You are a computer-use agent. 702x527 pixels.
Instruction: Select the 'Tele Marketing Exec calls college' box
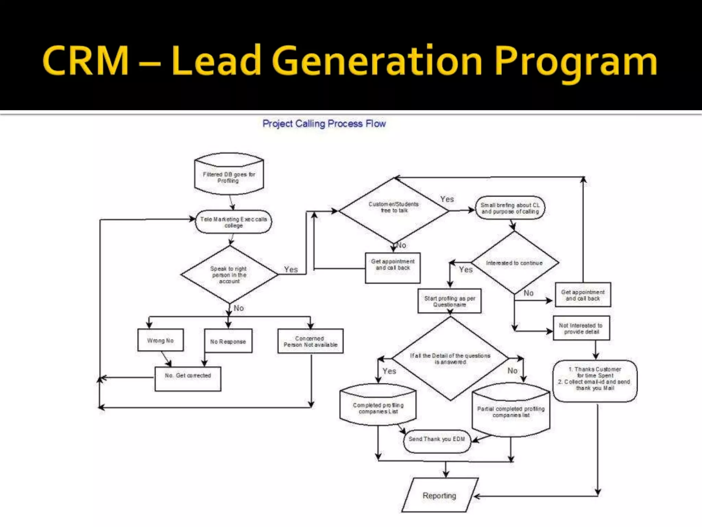233,222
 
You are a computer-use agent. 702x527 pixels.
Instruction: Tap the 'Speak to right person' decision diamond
229,275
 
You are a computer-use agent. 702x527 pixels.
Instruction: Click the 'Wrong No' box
160,340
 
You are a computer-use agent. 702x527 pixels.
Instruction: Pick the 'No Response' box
228,341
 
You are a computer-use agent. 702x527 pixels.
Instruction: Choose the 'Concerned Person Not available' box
311,341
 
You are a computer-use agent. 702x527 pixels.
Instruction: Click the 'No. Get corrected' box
188,379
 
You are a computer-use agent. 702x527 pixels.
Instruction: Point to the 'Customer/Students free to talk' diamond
394,210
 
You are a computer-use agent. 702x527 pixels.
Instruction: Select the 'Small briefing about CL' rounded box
510,208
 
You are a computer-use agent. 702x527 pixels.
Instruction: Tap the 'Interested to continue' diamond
514,263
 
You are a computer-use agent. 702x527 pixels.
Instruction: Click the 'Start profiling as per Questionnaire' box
449,301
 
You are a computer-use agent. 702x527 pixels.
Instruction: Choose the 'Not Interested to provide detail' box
581,328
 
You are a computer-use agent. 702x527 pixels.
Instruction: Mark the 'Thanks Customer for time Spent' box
595,380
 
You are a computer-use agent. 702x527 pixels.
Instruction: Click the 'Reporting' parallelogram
440,496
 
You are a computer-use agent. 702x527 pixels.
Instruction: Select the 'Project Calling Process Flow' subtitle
324,124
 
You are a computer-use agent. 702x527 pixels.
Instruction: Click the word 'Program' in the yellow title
576,62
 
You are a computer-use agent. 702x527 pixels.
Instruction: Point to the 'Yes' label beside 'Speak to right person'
291,270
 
